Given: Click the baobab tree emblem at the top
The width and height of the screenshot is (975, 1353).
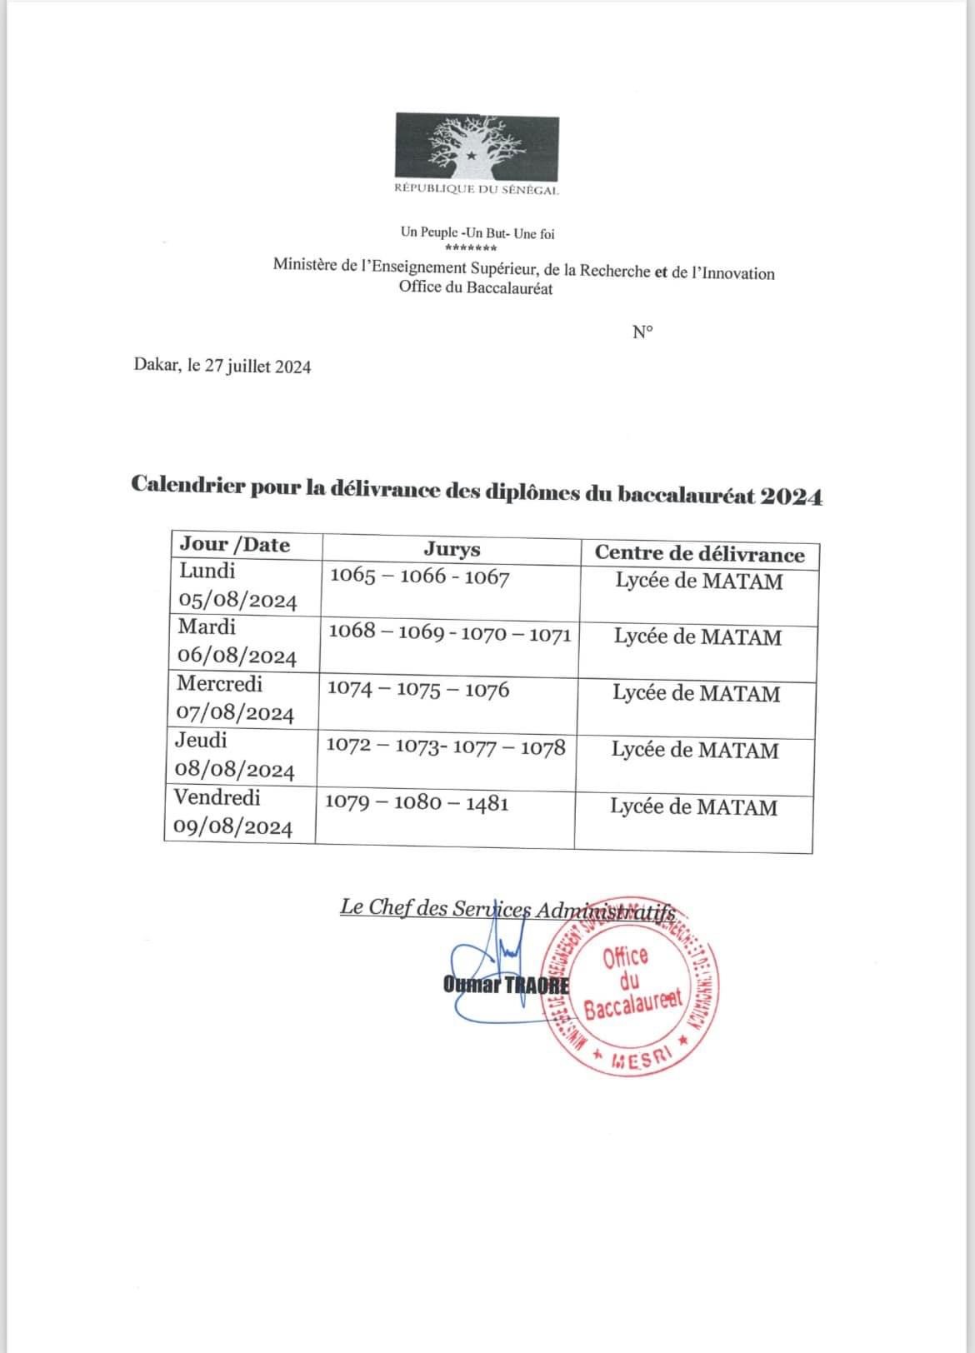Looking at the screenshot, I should point(476,148).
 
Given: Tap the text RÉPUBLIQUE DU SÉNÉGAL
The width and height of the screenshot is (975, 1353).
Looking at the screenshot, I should point(477,190).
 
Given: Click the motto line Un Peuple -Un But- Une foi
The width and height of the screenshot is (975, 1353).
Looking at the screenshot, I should point(477,233).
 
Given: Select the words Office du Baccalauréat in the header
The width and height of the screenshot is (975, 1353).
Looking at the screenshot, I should point(476,288).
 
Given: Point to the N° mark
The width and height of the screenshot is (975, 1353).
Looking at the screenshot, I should point(642,332).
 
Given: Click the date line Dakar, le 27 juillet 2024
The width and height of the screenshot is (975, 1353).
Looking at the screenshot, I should point(222,367).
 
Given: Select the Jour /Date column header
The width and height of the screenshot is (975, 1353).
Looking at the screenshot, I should point(235,545).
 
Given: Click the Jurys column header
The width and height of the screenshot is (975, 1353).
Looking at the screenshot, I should point(452,549).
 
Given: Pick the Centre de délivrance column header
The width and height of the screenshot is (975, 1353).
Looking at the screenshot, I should point(699,554).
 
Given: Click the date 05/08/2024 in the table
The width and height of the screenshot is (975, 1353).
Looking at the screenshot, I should point(237,601).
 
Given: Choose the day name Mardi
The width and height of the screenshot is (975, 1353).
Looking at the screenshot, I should point(207,627).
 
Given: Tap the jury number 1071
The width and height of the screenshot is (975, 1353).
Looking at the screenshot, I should point(547,634).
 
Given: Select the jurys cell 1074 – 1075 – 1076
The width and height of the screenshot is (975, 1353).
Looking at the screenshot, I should point(417,690).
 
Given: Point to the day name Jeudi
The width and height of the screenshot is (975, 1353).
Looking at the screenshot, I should point(201,741).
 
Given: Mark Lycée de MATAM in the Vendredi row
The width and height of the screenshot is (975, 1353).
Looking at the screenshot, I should point(693,806).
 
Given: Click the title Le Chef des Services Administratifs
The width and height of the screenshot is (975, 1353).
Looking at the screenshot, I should point(507,909).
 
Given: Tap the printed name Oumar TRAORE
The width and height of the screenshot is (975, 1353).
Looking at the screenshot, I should point(507,985).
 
